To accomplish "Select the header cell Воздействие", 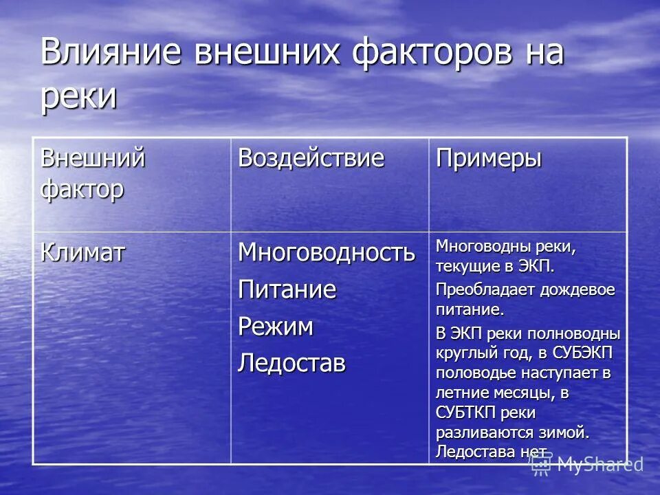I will [311, 159].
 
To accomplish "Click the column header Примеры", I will [488, 159].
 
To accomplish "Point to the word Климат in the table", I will [82, 253].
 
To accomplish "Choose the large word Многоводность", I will [327, 253].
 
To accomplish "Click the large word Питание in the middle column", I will [287, 289].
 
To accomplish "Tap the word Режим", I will [275, 327].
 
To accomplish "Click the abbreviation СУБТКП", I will [467, 413].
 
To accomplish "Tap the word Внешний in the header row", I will [93, 159].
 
